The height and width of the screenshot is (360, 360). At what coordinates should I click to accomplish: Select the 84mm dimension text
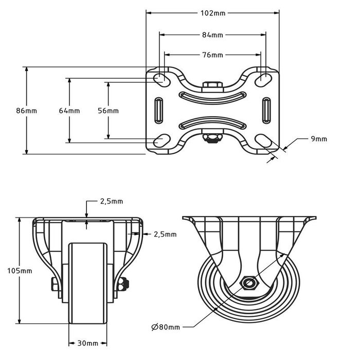[x=212, y=35]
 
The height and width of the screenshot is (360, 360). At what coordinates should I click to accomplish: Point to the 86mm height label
[x=27, y=111]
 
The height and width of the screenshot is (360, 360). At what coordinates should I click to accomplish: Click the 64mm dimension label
[x=69, y=111]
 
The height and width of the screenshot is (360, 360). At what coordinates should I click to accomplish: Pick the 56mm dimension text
[x=108, y=111]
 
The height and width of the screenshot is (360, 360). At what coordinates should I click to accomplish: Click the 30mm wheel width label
[x=87, y=343]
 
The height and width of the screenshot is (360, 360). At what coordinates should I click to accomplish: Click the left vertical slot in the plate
[x=159, y=110]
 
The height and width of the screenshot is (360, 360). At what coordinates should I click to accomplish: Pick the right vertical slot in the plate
[x=266, y=110]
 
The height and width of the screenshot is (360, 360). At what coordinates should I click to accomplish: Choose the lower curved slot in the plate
[x=212, y=123]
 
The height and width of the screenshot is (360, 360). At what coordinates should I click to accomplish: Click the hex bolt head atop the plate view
[x=212, y=85]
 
